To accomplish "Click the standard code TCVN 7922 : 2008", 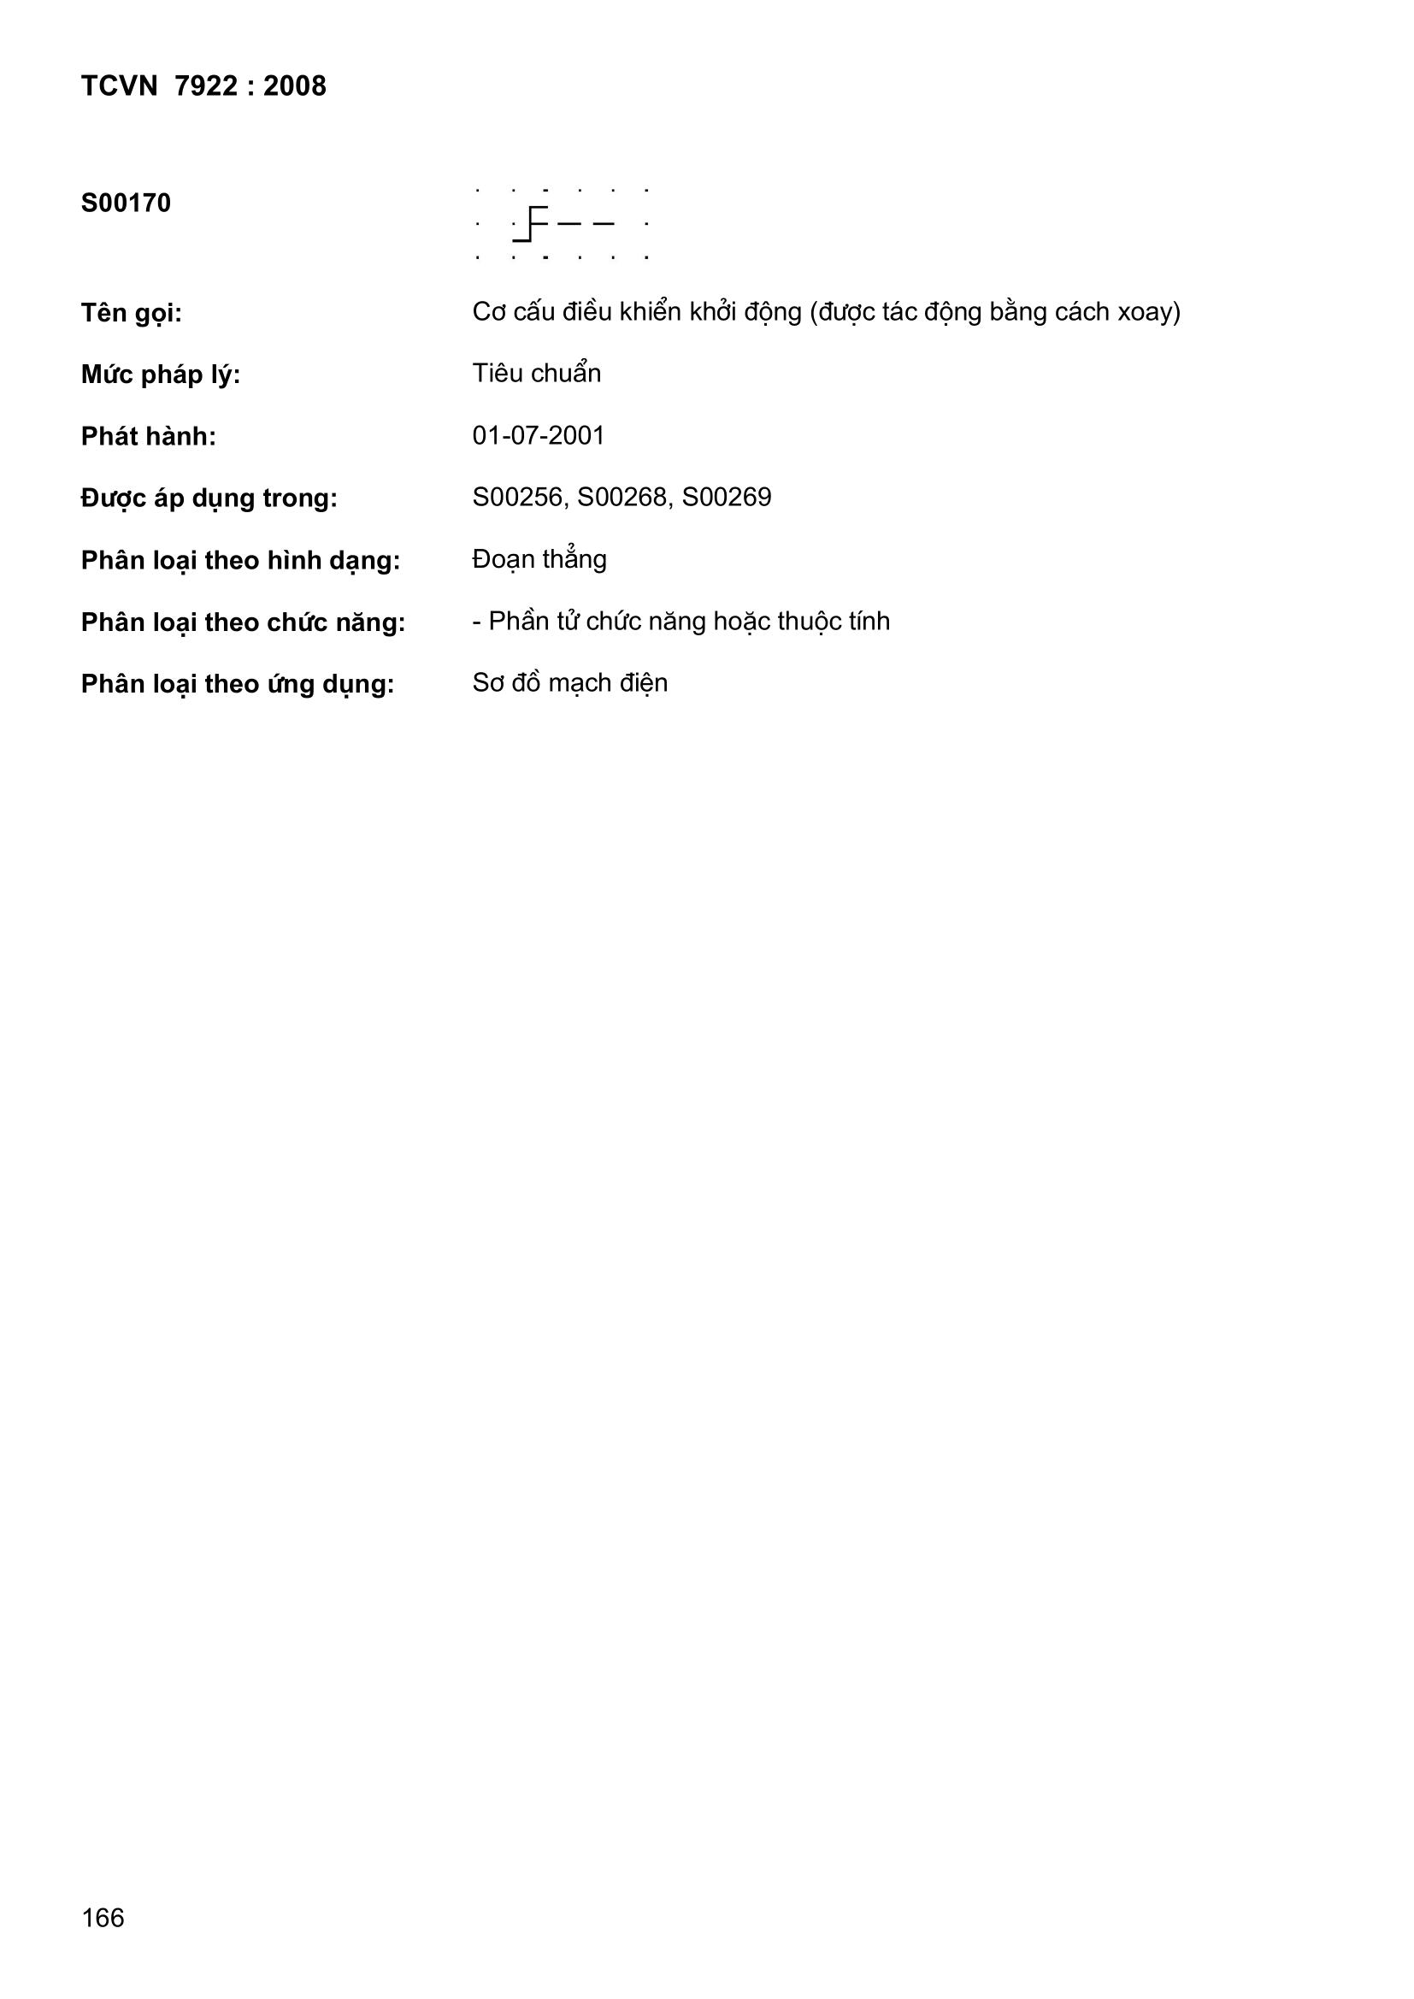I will click(203, 86).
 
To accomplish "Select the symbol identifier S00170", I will click(126, 203).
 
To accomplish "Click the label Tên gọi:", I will click(132, 313).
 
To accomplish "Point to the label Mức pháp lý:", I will click(160, 375).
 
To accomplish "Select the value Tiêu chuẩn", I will click(536, 374).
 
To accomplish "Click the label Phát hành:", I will click(148, 437).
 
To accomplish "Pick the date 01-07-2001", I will click(538, 435).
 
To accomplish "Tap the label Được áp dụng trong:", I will click(209, 498).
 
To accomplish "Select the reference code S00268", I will click(624, 497).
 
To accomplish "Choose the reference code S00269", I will click(727, 497).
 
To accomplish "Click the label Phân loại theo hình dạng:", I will click(240, 561).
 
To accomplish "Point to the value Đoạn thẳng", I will click(539, 559).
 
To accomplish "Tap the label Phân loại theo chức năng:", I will click(243, 622).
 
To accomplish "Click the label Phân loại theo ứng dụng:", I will click(238, 684).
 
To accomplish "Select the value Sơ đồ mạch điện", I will click(569, 682).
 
